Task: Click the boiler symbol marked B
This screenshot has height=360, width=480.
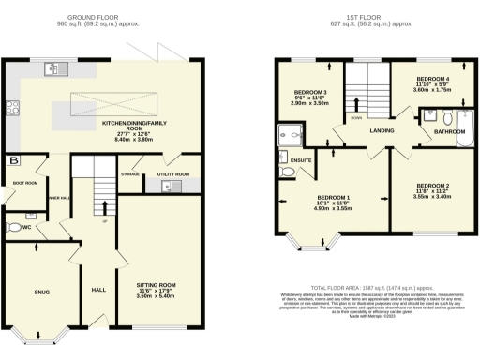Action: (13, 160)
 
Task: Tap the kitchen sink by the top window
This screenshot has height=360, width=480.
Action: (53, 67)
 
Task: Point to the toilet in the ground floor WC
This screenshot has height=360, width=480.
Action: (14, 226)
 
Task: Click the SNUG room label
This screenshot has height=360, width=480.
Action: (42, 292)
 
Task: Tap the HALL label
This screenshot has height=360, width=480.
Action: (98, 291)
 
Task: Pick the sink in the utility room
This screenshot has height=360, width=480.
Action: (167, 187)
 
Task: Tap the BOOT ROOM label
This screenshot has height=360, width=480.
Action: (25, 183)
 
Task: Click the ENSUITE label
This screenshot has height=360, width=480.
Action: (303, 160)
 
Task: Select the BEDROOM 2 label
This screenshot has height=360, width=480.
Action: (433, 187)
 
